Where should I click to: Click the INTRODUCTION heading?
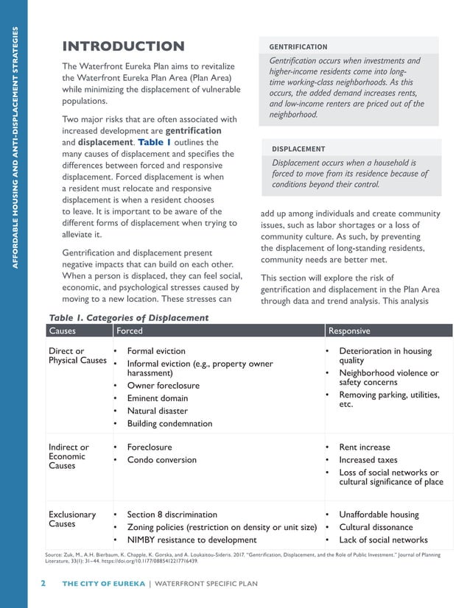point(122,46)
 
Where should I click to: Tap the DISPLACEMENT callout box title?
point(298,149)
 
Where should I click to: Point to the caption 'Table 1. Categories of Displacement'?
point(128,318)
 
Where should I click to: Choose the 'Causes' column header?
point(62,331)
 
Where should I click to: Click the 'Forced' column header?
point(130,331)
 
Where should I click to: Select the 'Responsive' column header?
point(348,331)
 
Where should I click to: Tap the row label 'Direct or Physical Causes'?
point(77,356)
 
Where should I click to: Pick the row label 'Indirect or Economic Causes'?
point(69,456)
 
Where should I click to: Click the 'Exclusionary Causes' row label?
point(72,520)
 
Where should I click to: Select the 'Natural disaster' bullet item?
point(157,411)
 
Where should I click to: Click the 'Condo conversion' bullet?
point(161,460)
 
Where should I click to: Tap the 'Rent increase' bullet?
point(364,448)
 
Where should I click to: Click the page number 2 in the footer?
point(43,584)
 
